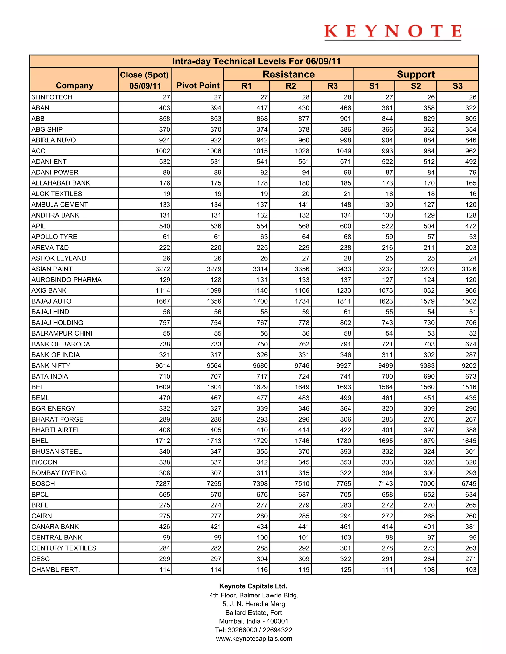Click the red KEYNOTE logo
[x=392, y=32]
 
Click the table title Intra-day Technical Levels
[x=256, y=61]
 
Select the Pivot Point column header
[x=198, y=86]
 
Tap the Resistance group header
[x=288, y=74]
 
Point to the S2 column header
[x=416, y=86]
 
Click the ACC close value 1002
[x=163, y=151]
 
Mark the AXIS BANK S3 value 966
[x=471, y=290]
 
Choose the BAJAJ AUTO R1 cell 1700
[x=260, y=301]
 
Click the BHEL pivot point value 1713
[x=214, y=441]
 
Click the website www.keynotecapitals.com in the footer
[x=254, y=639]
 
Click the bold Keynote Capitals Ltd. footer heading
[x=253, y=586]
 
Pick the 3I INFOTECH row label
[x=52, y=97]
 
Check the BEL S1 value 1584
[x=385, y=387]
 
